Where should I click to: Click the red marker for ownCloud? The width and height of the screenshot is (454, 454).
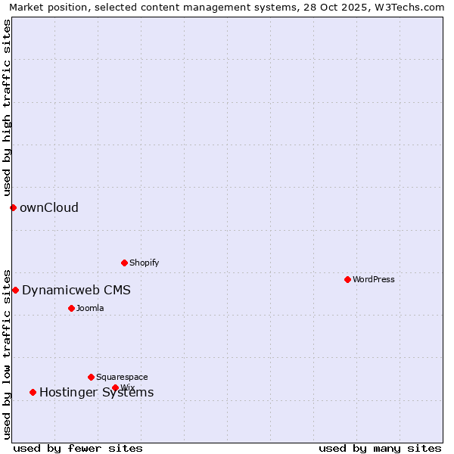click(x=13, y=207)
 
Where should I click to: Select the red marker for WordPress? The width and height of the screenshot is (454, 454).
click(x=347, y=279)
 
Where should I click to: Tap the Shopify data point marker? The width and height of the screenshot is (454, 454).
click(x=124, y=263)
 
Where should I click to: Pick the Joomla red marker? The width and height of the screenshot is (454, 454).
click(x=71, y=308)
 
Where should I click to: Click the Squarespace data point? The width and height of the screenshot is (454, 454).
click(x=91, y=377)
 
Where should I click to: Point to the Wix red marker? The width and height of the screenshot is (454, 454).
click(x=115, y=387)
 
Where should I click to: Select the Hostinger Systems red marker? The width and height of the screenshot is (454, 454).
click(x=33, y=392)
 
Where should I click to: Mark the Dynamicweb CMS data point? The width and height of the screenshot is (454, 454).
click(x=15, y=290)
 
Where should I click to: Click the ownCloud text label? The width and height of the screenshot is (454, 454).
click(x=49, y=208)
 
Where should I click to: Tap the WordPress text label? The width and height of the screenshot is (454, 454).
click(x=374, y=279)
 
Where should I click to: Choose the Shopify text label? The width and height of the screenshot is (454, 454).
click(x=145, y=263)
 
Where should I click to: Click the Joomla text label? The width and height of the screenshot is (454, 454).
click(x=90, y=308)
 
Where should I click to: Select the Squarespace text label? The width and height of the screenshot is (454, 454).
click(x=122, y=377)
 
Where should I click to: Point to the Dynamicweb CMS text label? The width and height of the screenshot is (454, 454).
click(x=76, y=291)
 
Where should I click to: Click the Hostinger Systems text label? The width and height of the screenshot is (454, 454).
click(x=97, y=392)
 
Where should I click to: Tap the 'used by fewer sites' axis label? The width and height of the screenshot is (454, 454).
click(x=78, y=448)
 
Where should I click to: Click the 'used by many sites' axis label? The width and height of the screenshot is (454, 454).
click(x=380, y=448)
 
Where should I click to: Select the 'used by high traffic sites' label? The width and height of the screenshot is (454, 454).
click(x=8, y=108)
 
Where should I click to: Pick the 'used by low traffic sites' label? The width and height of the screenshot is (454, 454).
click(x=8, y=354)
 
